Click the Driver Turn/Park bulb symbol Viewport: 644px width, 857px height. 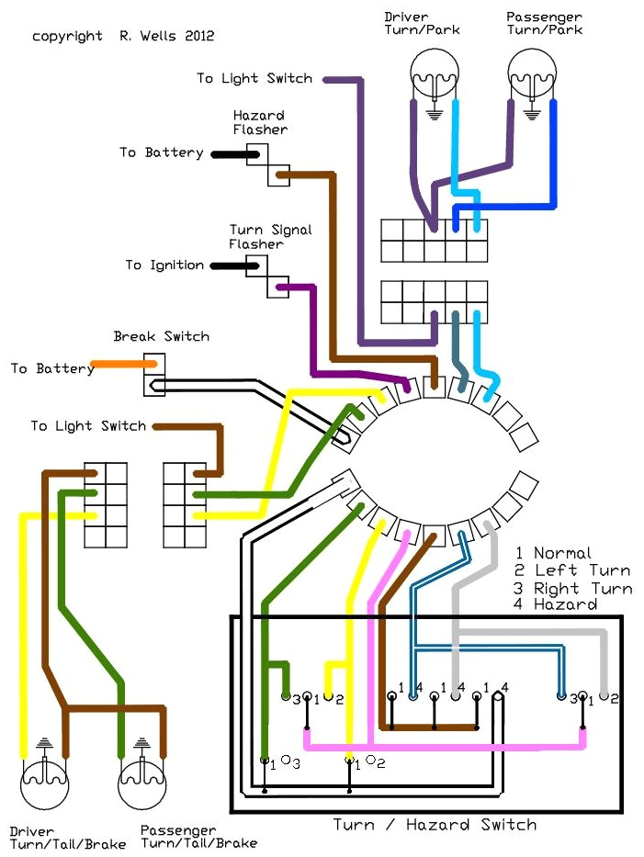[434, 71]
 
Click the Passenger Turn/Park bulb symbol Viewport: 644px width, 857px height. [534, 71]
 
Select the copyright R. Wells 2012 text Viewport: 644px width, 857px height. [123, 37]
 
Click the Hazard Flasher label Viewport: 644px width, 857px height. [259, 122]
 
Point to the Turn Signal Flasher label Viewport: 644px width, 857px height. [270, 237]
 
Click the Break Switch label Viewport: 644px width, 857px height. [161, 336]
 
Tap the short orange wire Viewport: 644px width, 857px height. [122, 365]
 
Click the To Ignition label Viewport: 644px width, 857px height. [164, 265]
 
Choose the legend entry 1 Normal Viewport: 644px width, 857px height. [553, 553]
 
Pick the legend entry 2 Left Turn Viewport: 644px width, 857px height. [572, 570]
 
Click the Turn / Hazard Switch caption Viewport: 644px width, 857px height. [435, 824]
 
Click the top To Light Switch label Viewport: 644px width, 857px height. [254, 78]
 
